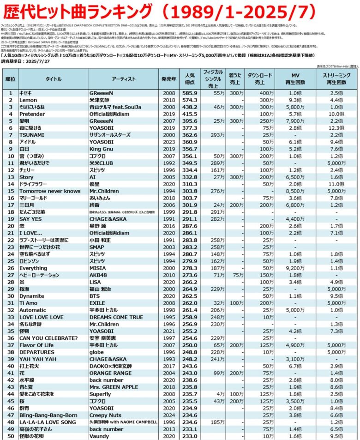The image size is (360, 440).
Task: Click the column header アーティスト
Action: tap(123, 79)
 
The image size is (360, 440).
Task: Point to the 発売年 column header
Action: tap(168, 79)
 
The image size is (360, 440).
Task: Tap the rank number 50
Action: tap(10, 435)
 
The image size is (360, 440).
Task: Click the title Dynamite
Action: tap(32, 296)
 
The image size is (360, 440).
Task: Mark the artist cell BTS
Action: tap(95, 296)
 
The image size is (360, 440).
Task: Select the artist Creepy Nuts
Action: tap(106, 415)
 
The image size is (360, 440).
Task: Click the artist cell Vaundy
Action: tap(99, 435)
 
